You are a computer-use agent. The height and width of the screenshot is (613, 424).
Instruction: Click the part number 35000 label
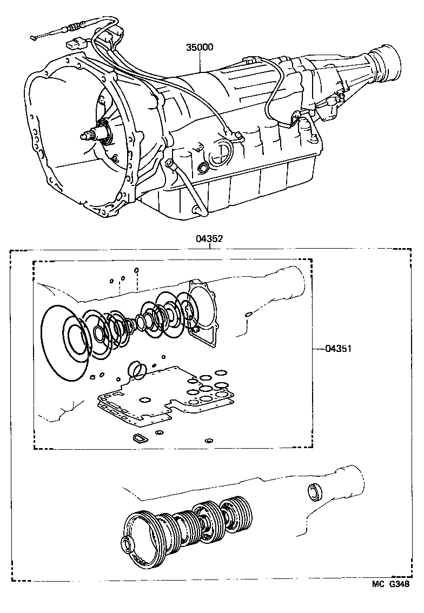200,48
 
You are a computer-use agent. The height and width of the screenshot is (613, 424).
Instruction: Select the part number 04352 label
210,238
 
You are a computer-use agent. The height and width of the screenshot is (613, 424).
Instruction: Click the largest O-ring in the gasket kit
64,343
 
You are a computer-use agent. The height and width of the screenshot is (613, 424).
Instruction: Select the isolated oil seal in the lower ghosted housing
314,492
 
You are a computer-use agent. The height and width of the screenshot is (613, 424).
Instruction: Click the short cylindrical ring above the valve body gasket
136,371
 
